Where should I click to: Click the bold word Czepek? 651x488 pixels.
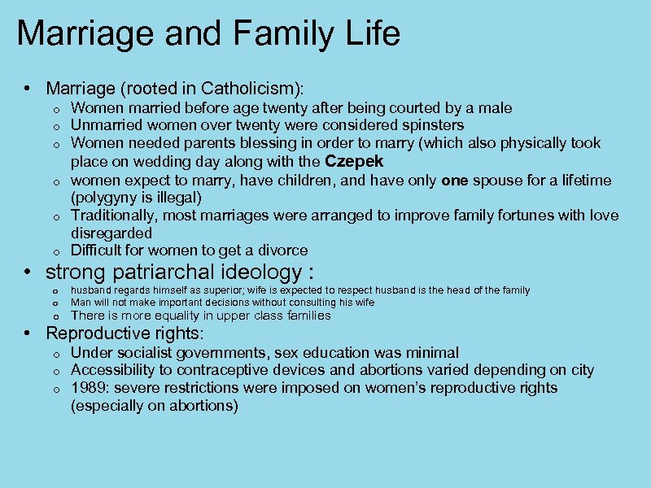pyautogui.click(x=354, y=160)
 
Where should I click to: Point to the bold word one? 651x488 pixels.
pyautogui.click(x=453, y=180)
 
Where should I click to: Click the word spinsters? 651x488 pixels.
pyautogui.click(x=428, y=125)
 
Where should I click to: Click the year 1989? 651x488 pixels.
pyautogui.click(x=88, y=388)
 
